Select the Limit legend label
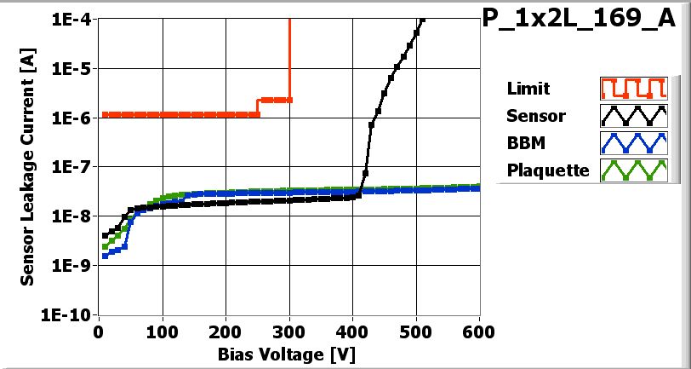click(528, 89)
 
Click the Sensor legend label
click(534, 116)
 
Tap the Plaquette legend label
click(547, 170)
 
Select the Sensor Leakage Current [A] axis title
click(28, 167)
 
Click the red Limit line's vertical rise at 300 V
click(290, 60)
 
